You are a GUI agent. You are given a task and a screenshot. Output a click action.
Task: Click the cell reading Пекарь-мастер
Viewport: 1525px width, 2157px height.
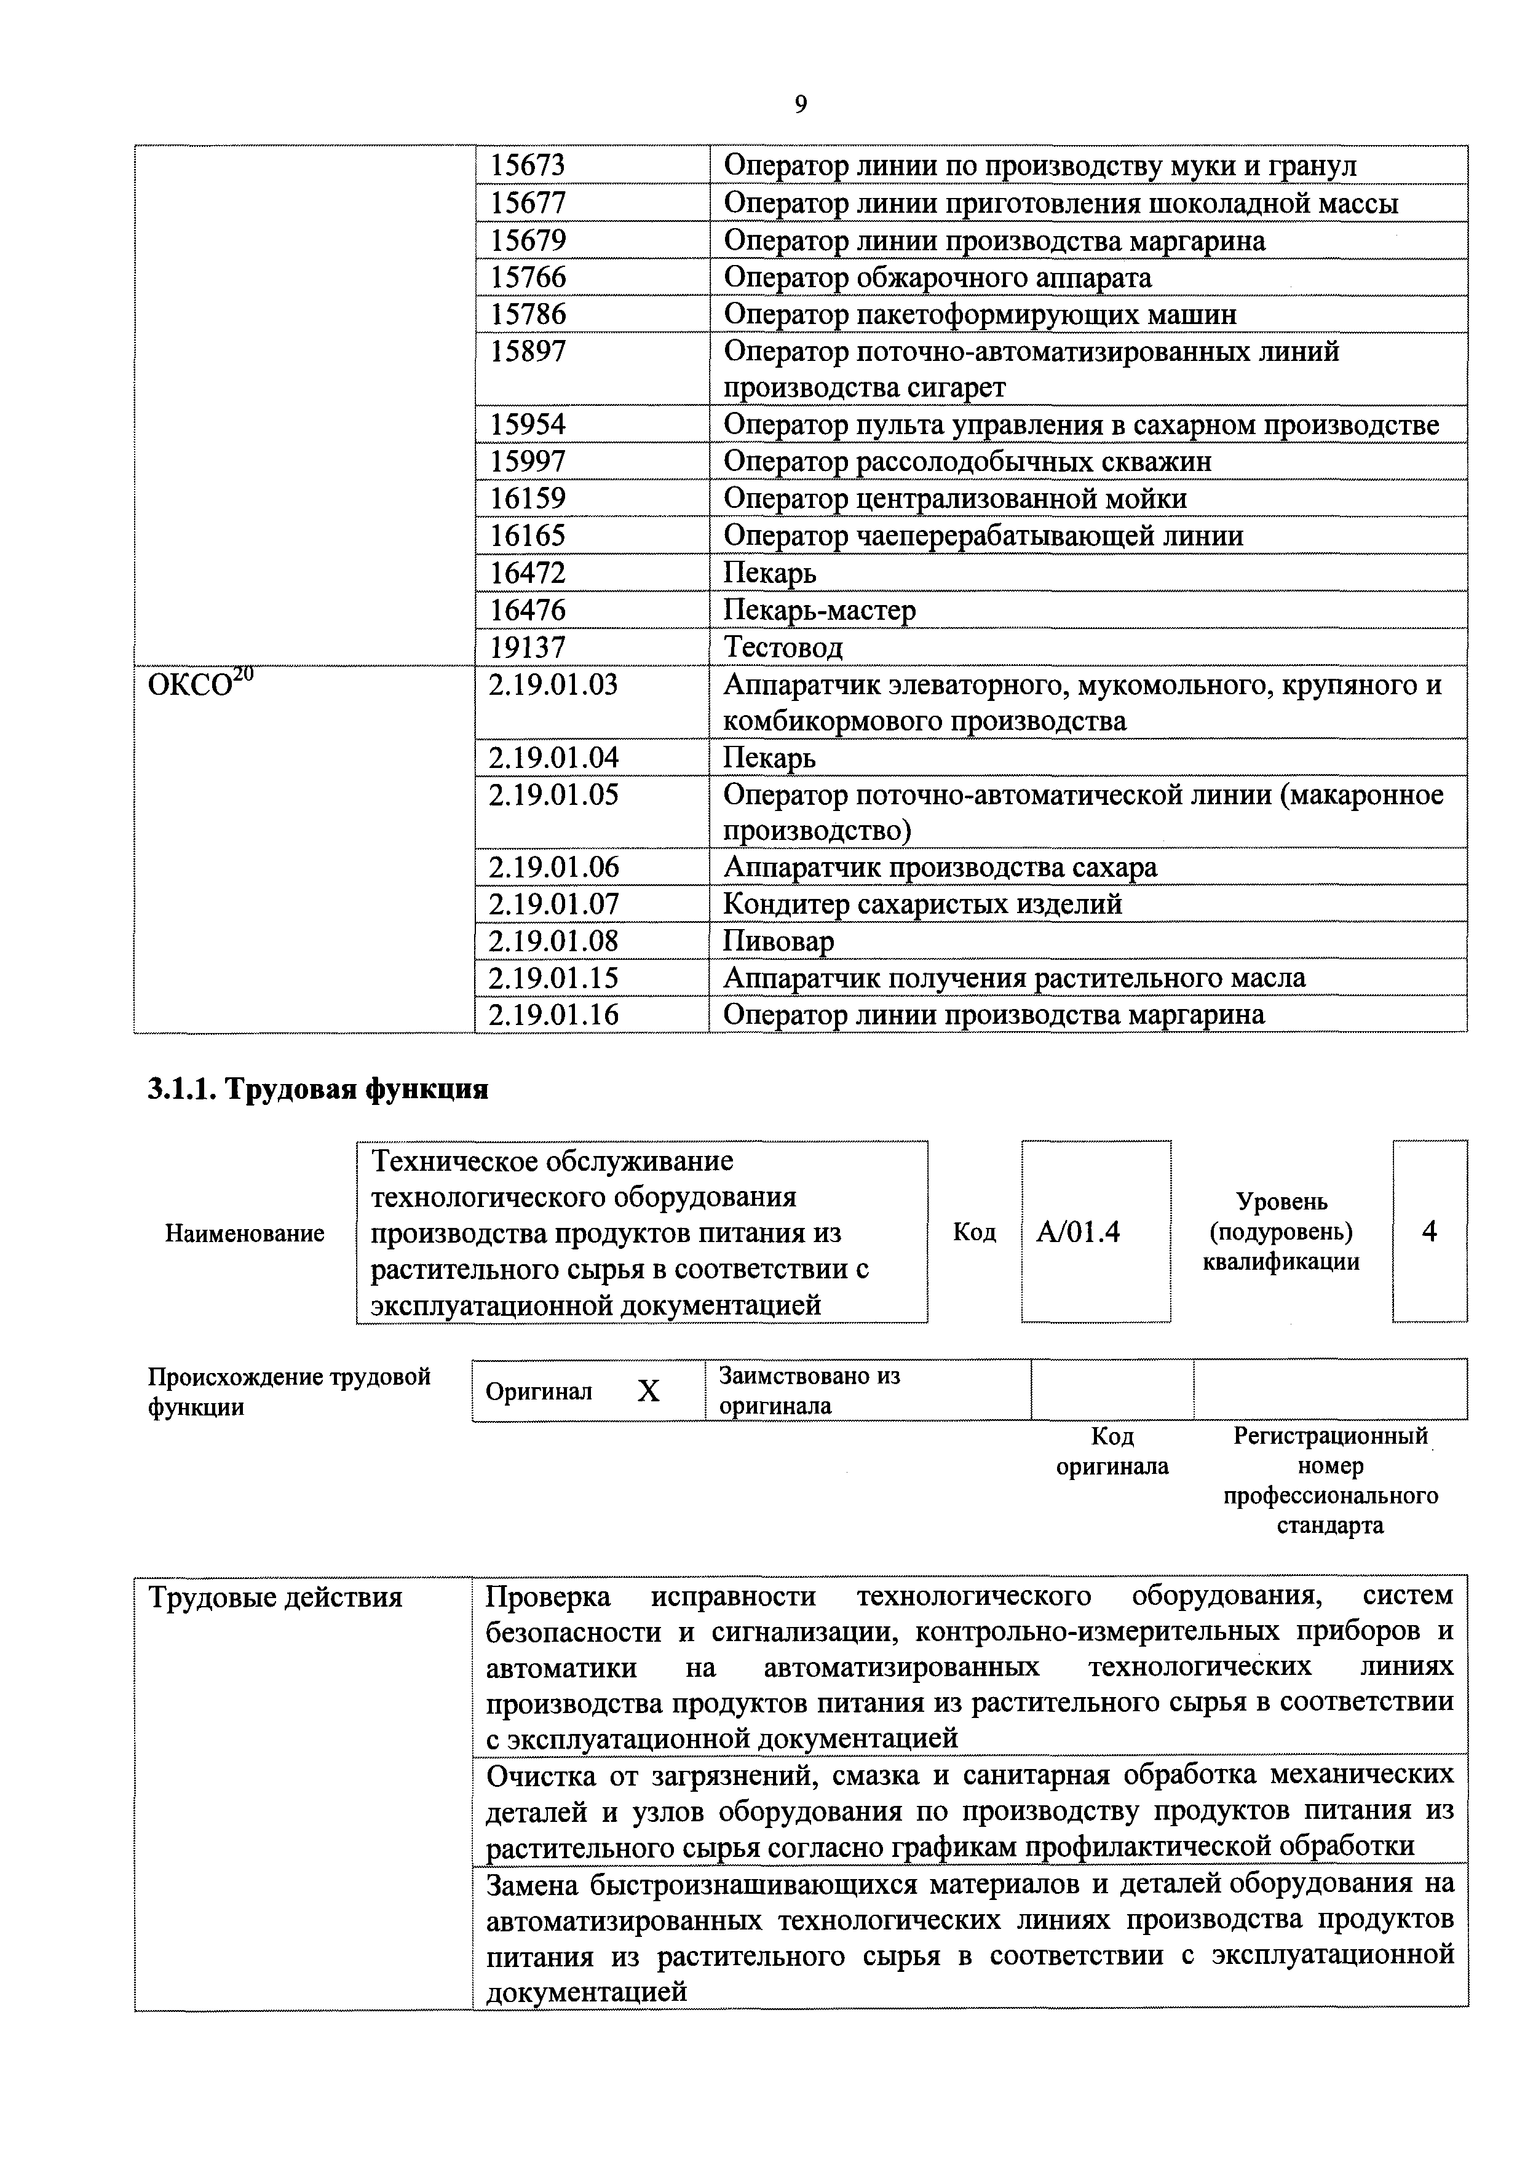(818, 611)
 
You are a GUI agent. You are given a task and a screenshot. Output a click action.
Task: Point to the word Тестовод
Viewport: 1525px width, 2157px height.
(783, 647)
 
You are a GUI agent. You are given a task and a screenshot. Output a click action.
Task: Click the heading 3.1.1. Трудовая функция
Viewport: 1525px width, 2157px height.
(317, 1089)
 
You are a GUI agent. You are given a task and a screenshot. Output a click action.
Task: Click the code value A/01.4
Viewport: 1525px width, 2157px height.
(1078, 1232)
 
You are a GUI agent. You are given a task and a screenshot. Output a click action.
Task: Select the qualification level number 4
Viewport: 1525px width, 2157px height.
(1428, 1232)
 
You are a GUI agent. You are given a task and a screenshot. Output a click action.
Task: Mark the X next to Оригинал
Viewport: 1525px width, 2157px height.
(648, 1391)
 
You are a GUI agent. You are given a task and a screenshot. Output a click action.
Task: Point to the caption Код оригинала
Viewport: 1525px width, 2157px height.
(1112, 1452)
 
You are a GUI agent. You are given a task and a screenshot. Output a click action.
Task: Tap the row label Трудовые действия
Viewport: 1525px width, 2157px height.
(274, 1598)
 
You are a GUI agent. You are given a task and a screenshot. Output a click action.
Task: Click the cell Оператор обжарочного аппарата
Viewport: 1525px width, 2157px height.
(937, 278)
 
